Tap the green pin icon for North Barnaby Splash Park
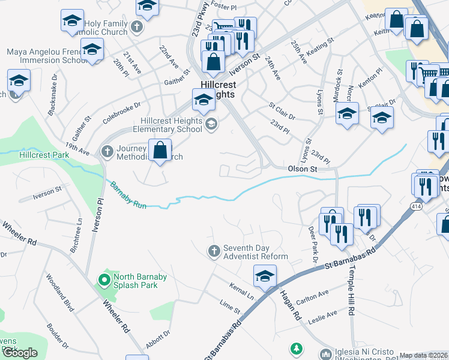[104, 279]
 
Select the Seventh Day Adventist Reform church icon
[214, 252]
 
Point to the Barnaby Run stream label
[127, 196]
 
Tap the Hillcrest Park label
[44, 155]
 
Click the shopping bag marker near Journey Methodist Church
[160, 151]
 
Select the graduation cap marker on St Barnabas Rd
[264, 277]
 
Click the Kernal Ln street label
[241, 290]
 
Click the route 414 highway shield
[415, 206]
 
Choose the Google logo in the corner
[20, 353]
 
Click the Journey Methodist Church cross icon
[107, 150]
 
